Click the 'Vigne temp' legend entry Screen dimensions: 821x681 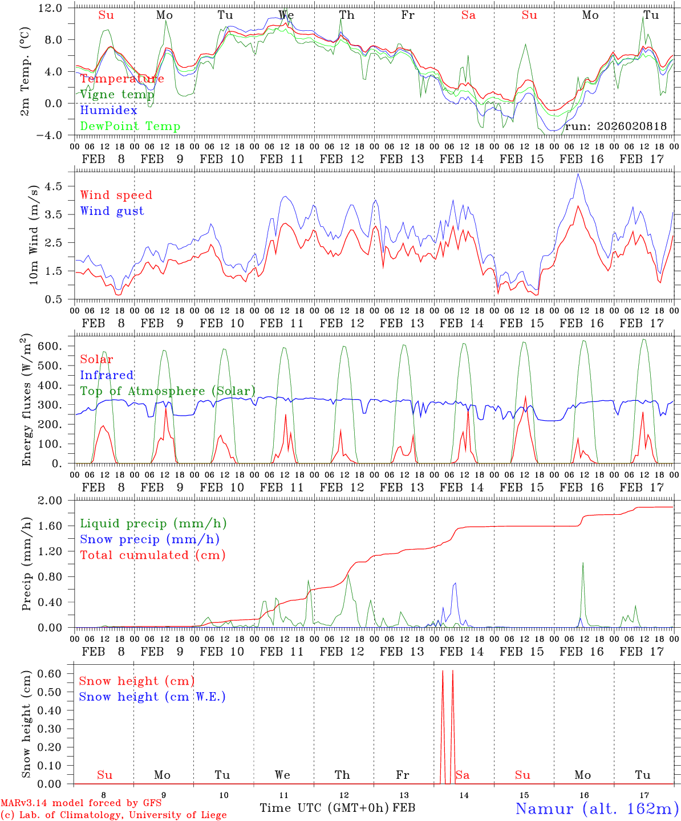point(117,95)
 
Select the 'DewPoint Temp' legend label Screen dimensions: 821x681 point(130,127)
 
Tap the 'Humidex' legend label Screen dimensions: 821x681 point(108,111)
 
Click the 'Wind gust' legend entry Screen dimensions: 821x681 point(112,211)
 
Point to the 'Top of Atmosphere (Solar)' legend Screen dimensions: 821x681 point(168,391)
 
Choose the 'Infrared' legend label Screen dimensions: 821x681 point(107,375)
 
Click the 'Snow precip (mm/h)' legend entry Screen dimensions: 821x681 point(149,539)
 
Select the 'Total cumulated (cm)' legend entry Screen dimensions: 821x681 point(152,555)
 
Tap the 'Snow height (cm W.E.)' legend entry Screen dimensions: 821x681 point(152,697)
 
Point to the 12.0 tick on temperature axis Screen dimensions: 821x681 point(51,8)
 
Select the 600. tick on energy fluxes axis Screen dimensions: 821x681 point(54,346)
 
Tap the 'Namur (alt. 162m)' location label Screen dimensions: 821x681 point(597,808)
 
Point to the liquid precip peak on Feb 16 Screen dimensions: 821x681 point(582,563)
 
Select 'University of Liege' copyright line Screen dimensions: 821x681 point(113,815)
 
